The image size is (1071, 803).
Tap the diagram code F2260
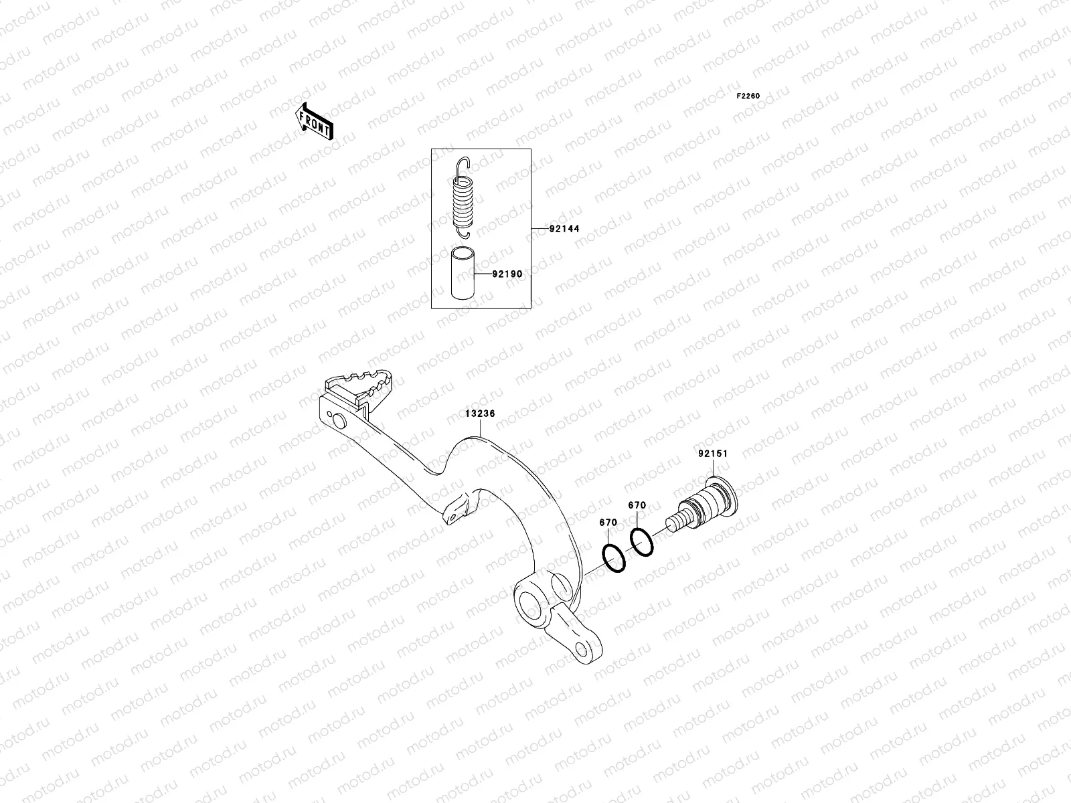coord(748,96)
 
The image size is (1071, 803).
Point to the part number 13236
coord(480,414)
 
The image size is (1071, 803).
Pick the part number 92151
coord(712,454)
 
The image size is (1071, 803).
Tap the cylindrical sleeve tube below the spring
coord(461,274)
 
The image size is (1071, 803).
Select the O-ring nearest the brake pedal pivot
coord(614,558)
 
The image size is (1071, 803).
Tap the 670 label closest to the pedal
coord(608,522)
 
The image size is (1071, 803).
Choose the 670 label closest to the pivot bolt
coord(637,505)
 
